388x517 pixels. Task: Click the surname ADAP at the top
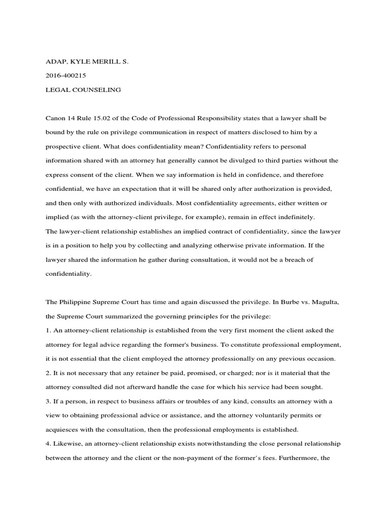56,62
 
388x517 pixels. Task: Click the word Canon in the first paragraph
56,118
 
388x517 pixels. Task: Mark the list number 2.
48,373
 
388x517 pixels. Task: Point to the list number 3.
48,401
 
